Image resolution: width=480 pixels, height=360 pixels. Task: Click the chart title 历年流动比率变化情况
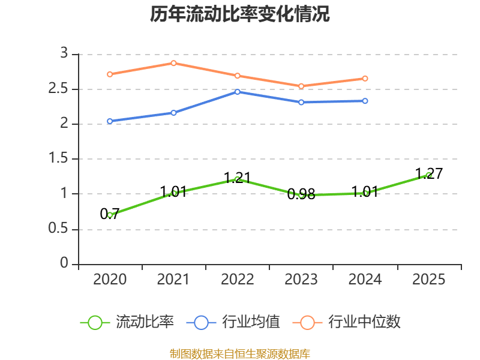click(x=239, y=14)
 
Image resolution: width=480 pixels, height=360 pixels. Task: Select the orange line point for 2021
click(x=173, y=63)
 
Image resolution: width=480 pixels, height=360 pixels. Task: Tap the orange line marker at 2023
click(x=301, y=86)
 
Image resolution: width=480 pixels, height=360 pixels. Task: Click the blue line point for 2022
click(x=238, y=92)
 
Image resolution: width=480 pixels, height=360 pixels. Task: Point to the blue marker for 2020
click(x=110, y=121)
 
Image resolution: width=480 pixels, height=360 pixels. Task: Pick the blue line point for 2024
click(x=365, y=101)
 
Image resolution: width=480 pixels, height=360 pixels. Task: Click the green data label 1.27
click(x=429, y=174)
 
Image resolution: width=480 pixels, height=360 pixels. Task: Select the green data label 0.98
click(x=301, y=194)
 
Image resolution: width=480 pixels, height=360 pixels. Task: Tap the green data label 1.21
click(x=238, y=178)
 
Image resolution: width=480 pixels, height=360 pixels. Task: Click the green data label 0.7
click(x=110, y=214)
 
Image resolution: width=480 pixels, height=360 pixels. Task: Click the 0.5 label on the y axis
click(x=58, y=229)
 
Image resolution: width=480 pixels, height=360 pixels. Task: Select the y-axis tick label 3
click(x=64, y=53)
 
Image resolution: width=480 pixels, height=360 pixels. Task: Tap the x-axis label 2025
click(x=428, y=279)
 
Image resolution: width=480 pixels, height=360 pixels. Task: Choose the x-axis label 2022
click(x=238, y=279)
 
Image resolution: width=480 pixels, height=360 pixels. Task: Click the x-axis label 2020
click(x=110, y=279)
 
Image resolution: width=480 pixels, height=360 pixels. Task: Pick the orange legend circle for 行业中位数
click(x=307, y=323)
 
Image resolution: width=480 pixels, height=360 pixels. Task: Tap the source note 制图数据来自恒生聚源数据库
click(x=239, y=354)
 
